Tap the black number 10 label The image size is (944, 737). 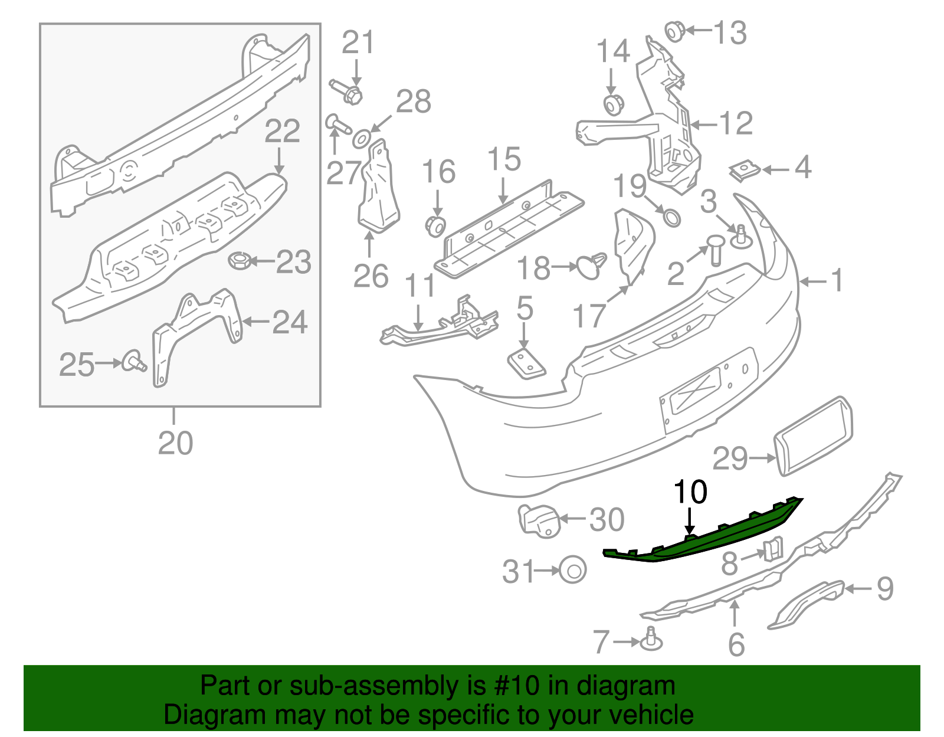690,492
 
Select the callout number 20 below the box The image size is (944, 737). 175,443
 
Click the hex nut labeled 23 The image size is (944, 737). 240,260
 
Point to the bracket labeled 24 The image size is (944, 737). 195,330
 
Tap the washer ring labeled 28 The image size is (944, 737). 360,140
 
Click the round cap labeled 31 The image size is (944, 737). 572,570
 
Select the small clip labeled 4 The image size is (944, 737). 745,171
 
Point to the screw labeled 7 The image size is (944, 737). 651,640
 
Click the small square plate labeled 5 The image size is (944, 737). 526,364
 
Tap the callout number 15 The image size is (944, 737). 504,159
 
